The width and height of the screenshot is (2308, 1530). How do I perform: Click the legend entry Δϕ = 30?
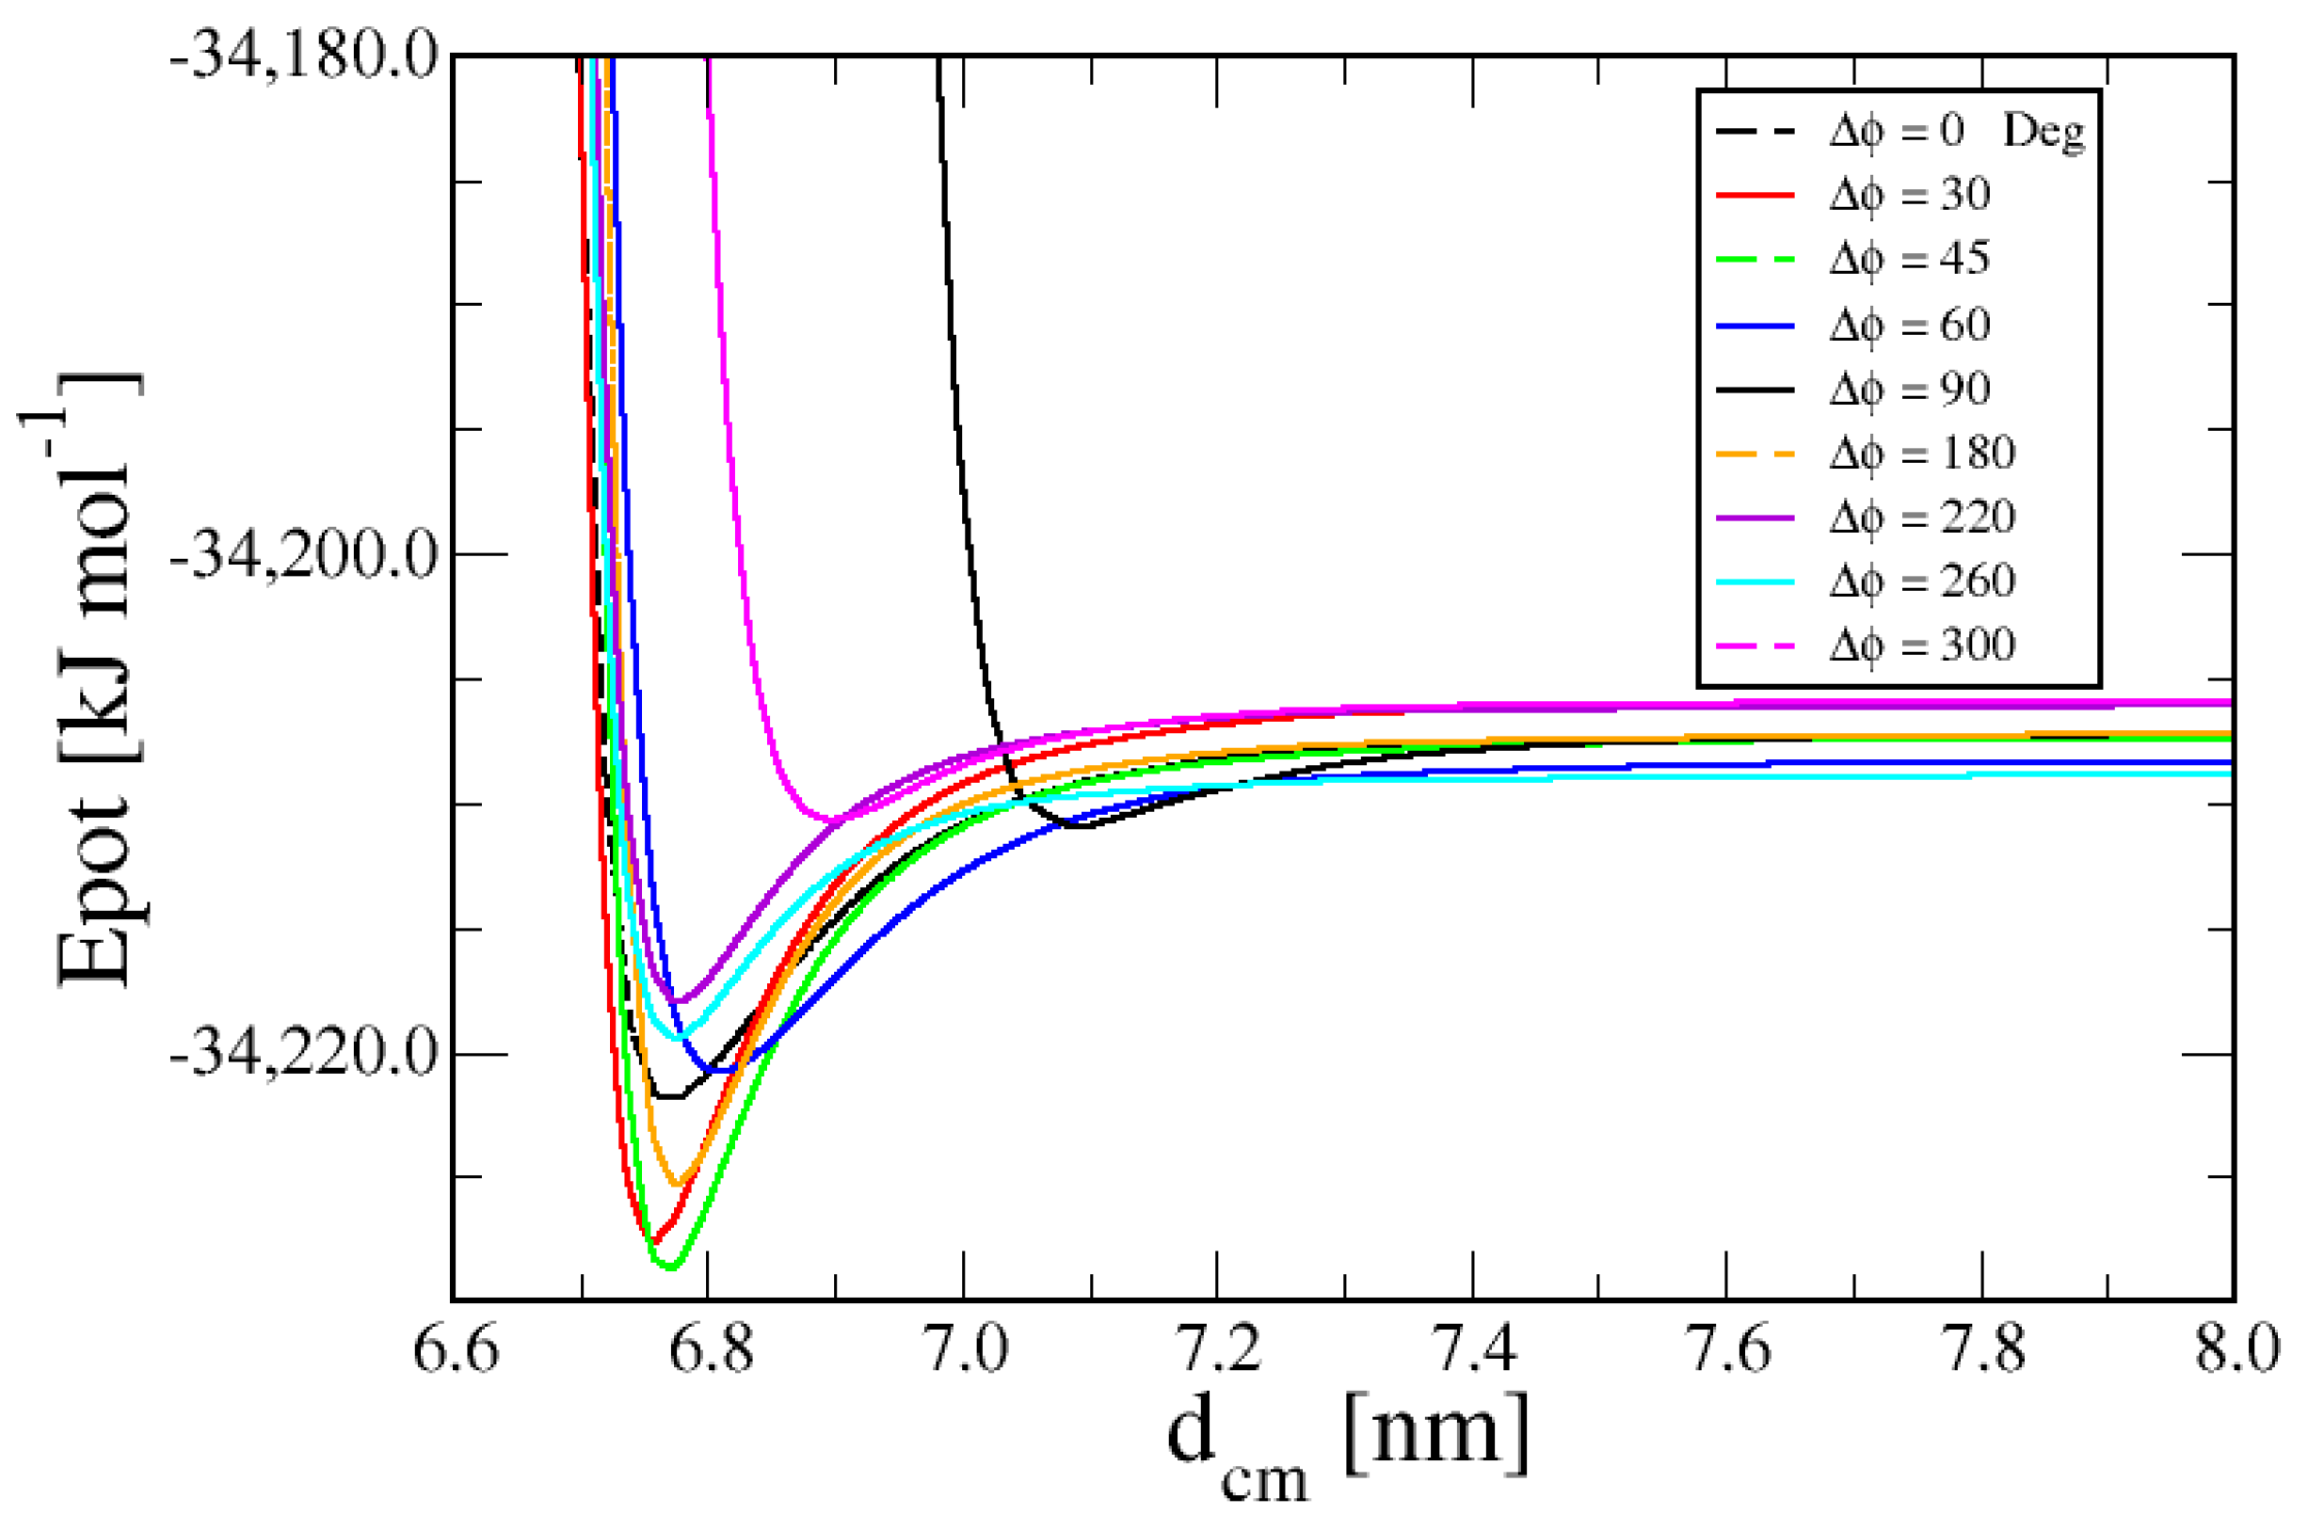tap(1908, 195)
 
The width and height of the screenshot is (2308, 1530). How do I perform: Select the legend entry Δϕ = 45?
tap(1908, 260)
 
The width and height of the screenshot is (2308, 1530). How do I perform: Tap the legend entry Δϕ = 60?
tap(1908, 325)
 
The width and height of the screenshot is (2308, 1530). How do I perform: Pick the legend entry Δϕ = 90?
tap(1908, 390)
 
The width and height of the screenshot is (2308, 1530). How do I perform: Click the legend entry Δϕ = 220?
tap(1920, 518)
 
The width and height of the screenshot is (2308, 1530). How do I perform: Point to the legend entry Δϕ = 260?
tap(1920, 582)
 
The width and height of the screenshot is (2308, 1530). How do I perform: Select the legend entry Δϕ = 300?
tap(1920, 645)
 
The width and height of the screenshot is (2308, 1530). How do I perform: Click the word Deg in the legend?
tap(2043, 132)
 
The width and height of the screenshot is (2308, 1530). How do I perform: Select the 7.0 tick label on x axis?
tap(965, 1349)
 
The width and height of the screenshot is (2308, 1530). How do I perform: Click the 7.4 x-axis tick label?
tap(1474, 1349)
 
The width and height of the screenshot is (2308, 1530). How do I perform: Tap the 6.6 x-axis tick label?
tap(456, 1349)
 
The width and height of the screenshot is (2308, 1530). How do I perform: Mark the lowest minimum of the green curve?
tap(669, 1267)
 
